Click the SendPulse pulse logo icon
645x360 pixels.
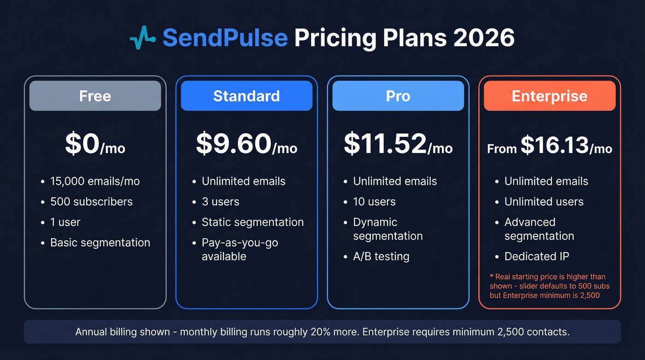tap(143, 38)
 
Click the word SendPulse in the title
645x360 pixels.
tap(225, 38)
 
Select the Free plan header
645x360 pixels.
tap(95, 96)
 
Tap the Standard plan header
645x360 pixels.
tap(246, 96)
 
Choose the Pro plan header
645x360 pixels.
tap(398, 96)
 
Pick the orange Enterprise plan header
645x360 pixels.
tap(550, 96)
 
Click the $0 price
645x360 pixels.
tap(83, 144)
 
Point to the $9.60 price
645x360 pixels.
tap(234, 144)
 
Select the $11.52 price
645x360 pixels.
tap(385, 144)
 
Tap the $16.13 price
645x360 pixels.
tap(555, 146)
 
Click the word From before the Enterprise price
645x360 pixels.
tap(502, 149)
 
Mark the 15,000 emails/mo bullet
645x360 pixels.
tap(95, 181)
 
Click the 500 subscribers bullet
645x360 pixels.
tap(91, 201)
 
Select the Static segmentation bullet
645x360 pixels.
tap(252, 222)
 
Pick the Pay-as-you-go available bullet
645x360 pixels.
tap(240, 249)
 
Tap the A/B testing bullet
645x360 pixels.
tap(381, 256)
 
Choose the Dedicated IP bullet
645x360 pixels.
tap(537, 256)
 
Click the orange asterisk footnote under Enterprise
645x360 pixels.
tap(549, 286)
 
